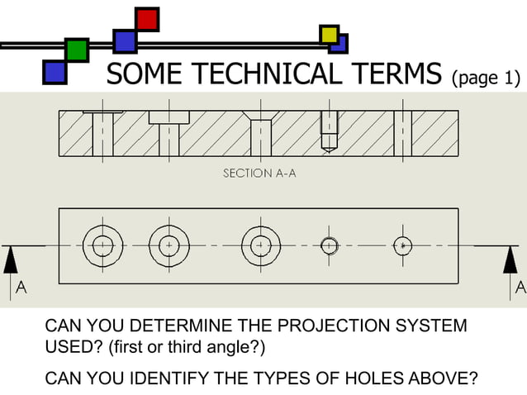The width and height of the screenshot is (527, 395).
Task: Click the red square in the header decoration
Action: [x=147, y=19]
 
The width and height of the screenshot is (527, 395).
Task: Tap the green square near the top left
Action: [x=77, y=50]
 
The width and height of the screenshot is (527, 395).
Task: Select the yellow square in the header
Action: [x=330, y=35]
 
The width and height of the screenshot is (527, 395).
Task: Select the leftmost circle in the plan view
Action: [x=102, y=246]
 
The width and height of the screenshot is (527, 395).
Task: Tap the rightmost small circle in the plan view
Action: [x=402, y=246]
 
